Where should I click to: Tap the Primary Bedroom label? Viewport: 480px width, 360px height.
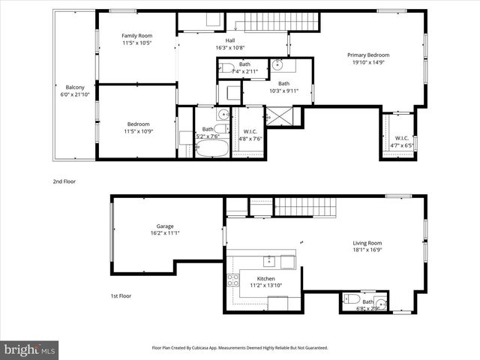[x=367, y=55]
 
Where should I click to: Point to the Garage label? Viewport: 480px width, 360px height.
[x=165, y=226]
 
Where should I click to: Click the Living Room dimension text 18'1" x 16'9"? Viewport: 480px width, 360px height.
[x=367, y=250]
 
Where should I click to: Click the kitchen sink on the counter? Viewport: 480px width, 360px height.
[x=268, y=261]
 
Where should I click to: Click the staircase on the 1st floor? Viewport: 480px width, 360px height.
[x=304, y=206]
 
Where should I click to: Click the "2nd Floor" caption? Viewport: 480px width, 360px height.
[x=64, y=181]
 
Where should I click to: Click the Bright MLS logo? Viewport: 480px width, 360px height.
[x=29, y=349]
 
